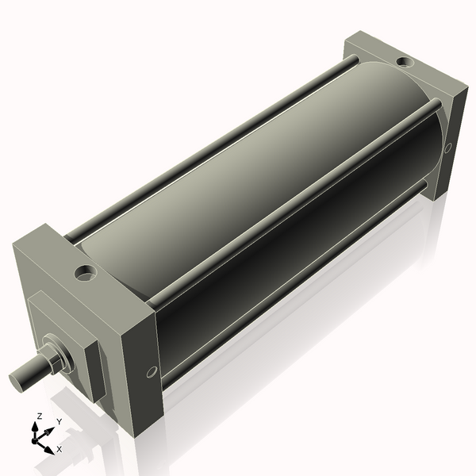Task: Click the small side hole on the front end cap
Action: click(150, 371)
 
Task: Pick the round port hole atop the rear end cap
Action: click(404, 61)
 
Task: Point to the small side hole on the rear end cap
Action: click(447, 148)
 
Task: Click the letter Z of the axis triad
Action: click(39, 416)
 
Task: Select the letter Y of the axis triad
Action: click(59, 421)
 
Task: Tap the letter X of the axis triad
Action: click(59, 449)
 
